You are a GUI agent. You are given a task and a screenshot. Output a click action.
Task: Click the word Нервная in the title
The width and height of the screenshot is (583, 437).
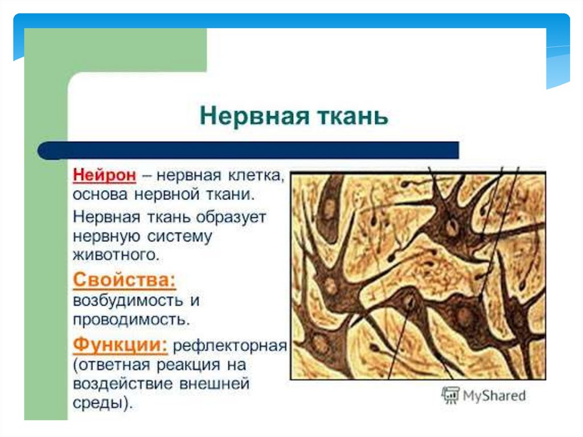254,116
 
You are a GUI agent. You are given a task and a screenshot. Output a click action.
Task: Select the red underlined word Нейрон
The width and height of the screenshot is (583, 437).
105,175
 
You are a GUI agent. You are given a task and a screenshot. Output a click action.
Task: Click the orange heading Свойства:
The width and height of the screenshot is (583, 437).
124,280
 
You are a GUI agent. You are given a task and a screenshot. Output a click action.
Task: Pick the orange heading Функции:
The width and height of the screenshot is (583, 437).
120,345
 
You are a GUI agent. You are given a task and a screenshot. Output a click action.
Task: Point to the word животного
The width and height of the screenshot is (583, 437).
116,255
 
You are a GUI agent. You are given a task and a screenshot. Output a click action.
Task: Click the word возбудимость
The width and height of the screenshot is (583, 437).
128,300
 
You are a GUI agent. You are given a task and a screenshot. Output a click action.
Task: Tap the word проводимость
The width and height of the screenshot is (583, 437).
132,320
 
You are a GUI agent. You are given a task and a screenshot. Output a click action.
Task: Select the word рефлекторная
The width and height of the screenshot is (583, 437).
230,346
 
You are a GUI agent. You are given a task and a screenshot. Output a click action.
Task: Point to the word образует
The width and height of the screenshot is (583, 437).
231,217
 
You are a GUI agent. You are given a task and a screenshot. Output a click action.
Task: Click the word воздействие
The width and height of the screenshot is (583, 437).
123,384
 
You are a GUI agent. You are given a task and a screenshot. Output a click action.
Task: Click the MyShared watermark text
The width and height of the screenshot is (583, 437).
494,395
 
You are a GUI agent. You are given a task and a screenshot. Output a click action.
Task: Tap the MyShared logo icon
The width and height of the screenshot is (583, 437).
450,395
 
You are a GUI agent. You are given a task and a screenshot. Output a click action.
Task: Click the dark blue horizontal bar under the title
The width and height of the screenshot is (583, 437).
248,150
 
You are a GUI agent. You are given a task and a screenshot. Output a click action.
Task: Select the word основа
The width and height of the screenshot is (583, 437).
100,195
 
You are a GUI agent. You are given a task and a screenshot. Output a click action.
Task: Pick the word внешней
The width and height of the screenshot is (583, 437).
214,384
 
